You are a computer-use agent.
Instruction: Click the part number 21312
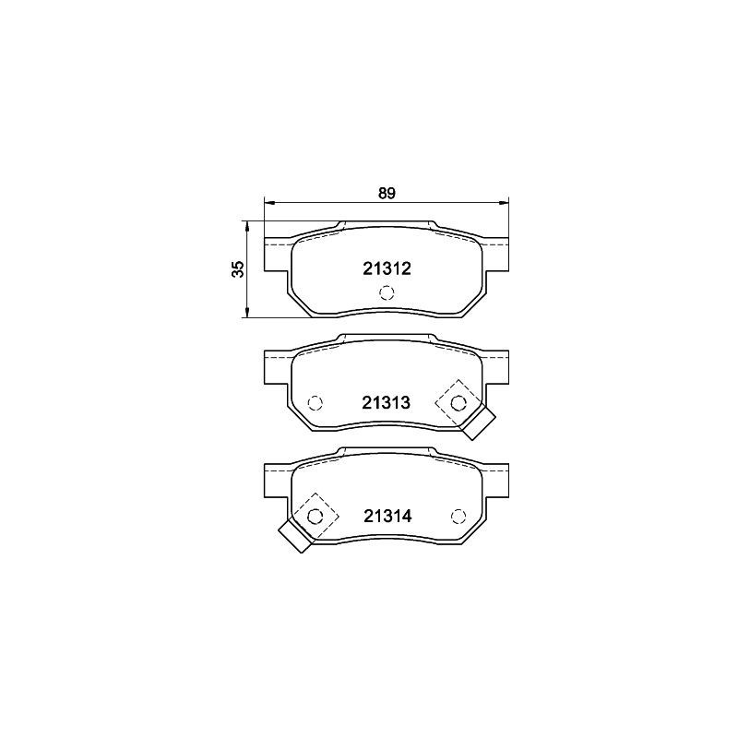click(387, 268)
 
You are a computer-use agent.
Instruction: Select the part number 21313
click(386, 403)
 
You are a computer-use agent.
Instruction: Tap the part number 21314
click(387, 517)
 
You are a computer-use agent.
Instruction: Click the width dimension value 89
click(387, 194)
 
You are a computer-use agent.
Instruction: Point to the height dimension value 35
click(239, 268)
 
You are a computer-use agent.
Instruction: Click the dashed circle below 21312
click(387, 292)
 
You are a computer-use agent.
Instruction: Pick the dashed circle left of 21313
click(315, 403)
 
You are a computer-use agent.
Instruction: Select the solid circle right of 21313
click(458, 403)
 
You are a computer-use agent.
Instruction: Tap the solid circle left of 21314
click(315, 517)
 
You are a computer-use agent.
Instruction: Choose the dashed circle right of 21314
click(458, 517)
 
